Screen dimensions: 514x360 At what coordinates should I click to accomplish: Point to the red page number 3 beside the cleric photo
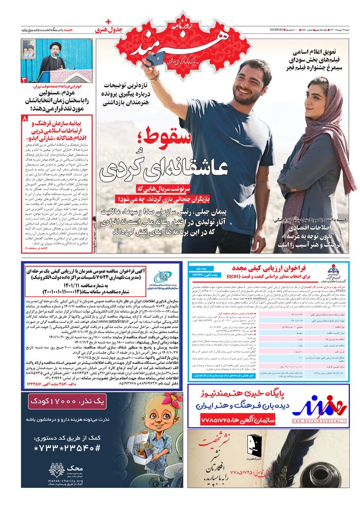(x=24, y=79)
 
